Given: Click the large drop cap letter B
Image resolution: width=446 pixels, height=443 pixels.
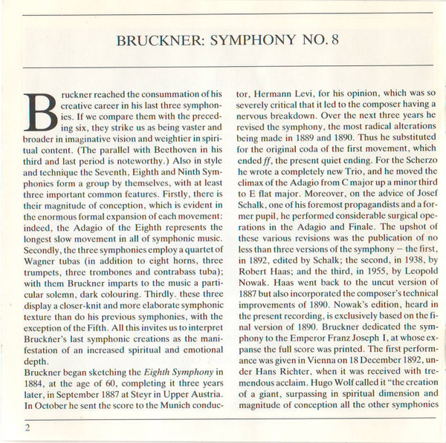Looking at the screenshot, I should click(42, 117).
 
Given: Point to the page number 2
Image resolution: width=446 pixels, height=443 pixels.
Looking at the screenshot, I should click(28, 428).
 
